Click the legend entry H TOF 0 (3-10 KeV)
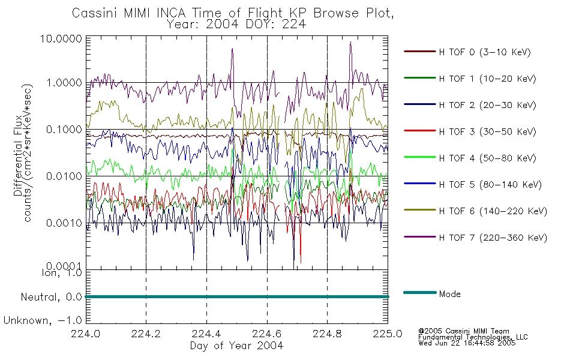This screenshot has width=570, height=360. click(x=485, y=52)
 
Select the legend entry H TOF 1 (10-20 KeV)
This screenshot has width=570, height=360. click(x=487, y=79)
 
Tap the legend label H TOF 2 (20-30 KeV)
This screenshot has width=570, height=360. click(x=487, y=106)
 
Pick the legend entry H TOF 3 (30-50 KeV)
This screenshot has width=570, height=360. click(x=487, y=132)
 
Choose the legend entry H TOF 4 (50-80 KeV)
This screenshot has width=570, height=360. click(x=487, y=158)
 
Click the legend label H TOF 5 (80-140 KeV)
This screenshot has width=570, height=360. click(x=490, y=185)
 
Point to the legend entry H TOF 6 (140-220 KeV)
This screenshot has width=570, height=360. click(x=493, y=212)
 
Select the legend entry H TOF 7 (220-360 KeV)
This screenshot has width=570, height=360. click(x=493, y=238)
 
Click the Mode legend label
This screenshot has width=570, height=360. click(x=449, y=294)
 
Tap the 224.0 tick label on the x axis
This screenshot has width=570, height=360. click(x=85, y=334)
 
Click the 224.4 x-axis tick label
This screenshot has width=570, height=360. click(x=206, y=334)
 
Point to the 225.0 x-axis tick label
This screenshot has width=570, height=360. click(x=388, y=334)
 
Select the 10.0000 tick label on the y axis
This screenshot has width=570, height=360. click(x=61, y=39)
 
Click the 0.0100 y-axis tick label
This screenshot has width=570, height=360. click(x=64, y=176)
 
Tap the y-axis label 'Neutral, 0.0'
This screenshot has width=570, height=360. click(x=51, y=298)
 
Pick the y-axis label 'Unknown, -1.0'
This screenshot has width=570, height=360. click(x=43, y=321)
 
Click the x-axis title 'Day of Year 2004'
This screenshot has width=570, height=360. click(x=236, y=346)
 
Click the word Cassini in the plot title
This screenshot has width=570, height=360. click(x=95, y=13)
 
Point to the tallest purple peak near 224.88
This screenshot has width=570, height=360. click(x=350, y=43)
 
